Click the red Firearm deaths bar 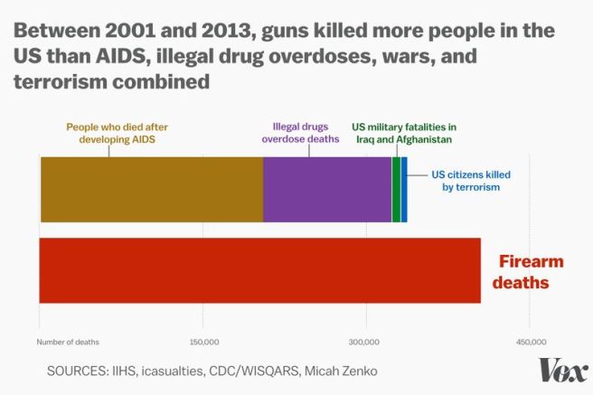coord(260,270)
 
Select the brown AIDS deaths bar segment coord(152,189)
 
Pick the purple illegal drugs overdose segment coord(327,189)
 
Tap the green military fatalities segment coord(396,189)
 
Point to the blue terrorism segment coord(404,189)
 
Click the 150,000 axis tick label coord(203,342)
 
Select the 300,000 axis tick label coord(366,342)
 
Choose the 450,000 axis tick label coord(531,342)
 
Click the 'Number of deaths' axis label coord(68,342)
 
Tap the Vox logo coord(562,371)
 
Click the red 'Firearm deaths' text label coord(531,272)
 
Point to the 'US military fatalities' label coord(403,133)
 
